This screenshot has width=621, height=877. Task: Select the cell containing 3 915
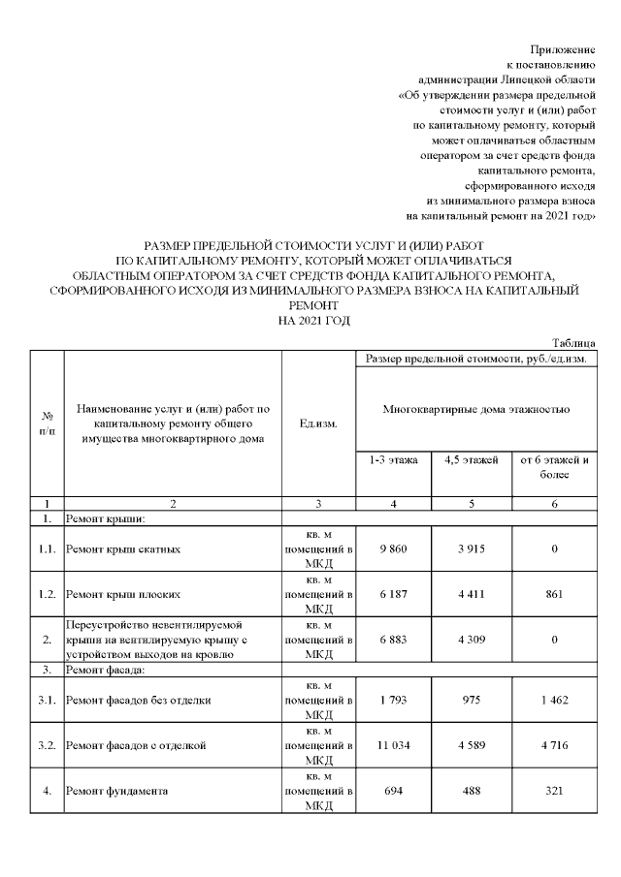(470, 549)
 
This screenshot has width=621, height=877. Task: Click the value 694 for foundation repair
(392, 791)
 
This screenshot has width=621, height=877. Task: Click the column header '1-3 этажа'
(392, 460)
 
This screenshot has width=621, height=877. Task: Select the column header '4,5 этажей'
(470, 460)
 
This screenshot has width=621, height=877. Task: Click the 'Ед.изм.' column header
(319, 424)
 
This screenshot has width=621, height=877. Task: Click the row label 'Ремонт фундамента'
(117, 791)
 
